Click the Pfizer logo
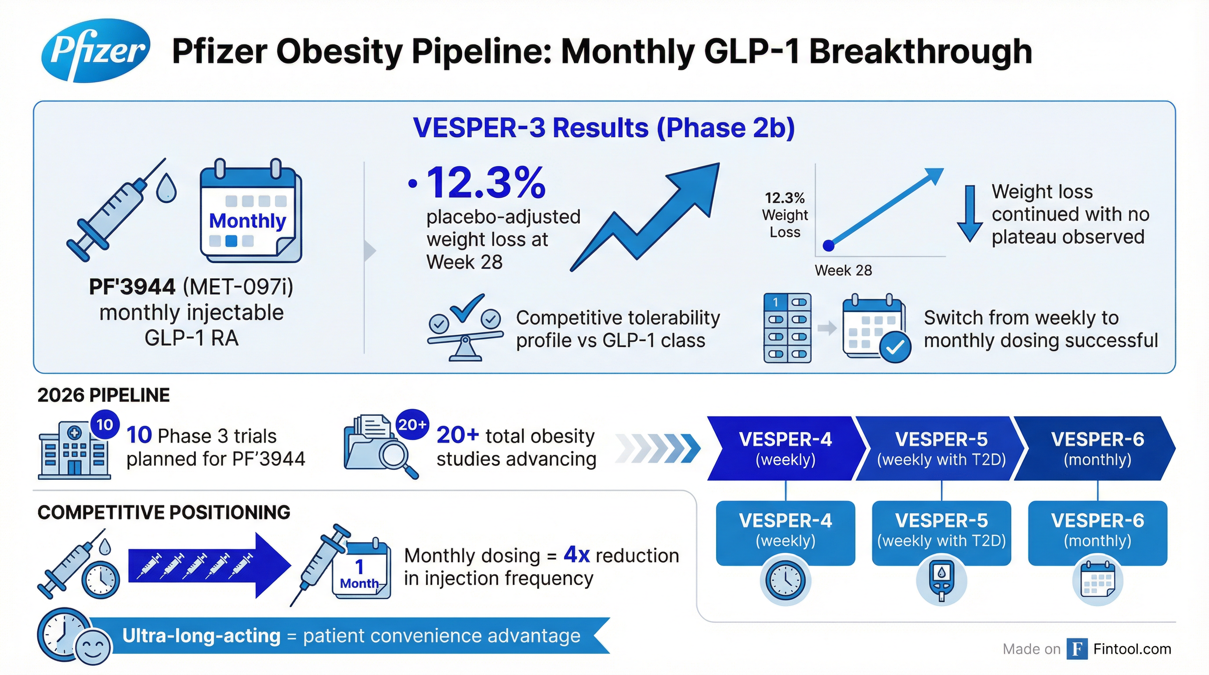pos(96,50)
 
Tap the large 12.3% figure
pos(486,183)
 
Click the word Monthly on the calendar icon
pos(247,221)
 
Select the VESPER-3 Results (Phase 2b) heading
pos(604,128)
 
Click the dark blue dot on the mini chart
pos(829,245)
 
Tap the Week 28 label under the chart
pos(843,270)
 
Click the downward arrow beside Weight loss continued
pos(970,214)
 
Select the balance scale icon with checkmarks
pos(465,329)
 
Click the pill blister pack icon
pos(787,328)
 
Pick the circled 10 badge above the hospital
pos(104,425)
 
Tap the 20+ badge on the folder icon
pos(412,425)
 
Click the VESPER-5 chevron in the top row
pos(941,448)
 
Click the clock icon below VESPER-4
pos(785,580)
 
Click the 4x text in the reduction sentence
pos(576,555)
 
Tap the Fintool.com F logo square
pos(1077,649)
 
